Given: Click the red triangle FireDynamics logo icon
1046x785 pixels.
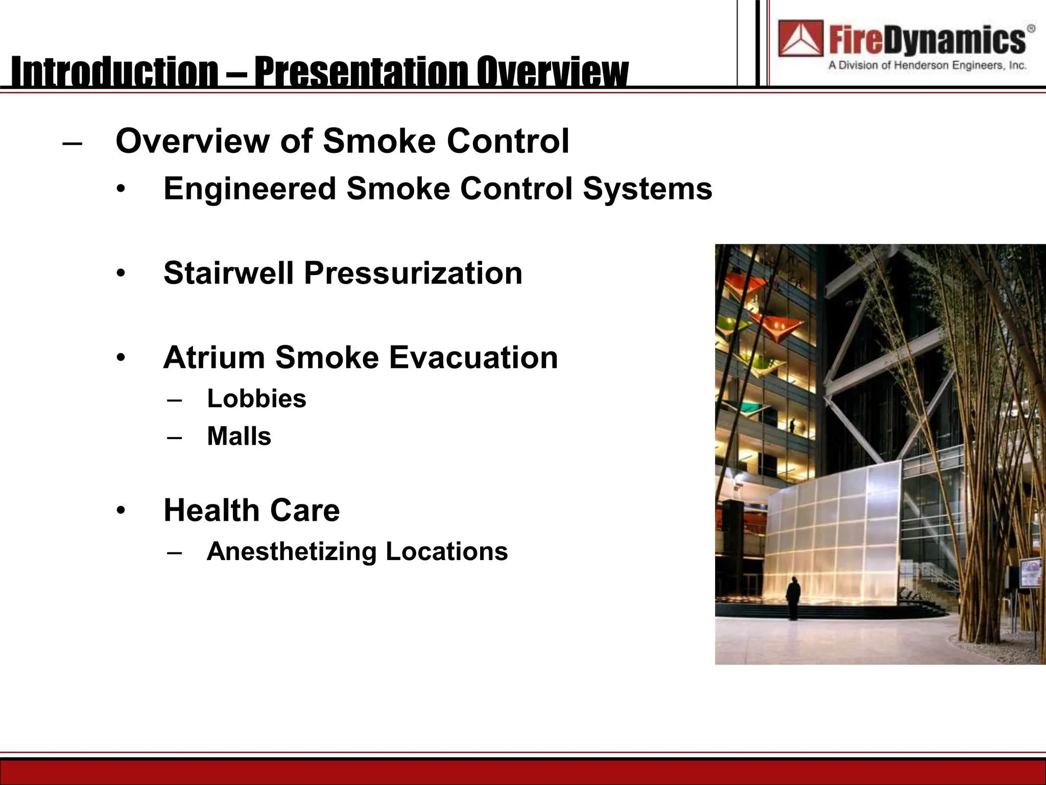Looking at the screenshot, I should pos(800,38).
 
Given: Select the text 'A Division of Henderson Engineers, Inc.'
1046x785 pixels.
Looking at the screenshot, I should pos(927,65).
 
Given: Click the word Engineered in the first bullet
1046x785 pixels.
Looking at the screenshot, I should pos(249,189).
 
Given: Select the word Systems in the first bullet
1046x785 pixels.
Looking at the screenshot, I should pos(647,189).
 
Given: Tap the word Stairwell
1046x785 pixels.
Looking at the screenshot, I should pos(228,273).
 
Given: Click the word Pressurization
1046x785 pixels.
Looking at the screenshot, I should pos(413,273).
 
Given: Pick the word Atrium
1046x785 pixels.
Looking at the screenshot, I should pos(213,357).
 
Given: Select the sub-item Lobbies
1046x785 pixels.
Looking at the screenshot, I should pos(256,399).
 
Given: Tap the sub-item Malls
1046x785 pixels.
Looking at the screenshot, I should pos(239,436).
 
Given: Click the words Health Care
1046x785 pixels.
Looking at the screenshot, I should pos(251,510).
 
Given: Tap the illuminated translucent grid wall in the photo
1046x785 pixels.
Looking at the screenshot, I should pos(838,532).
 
